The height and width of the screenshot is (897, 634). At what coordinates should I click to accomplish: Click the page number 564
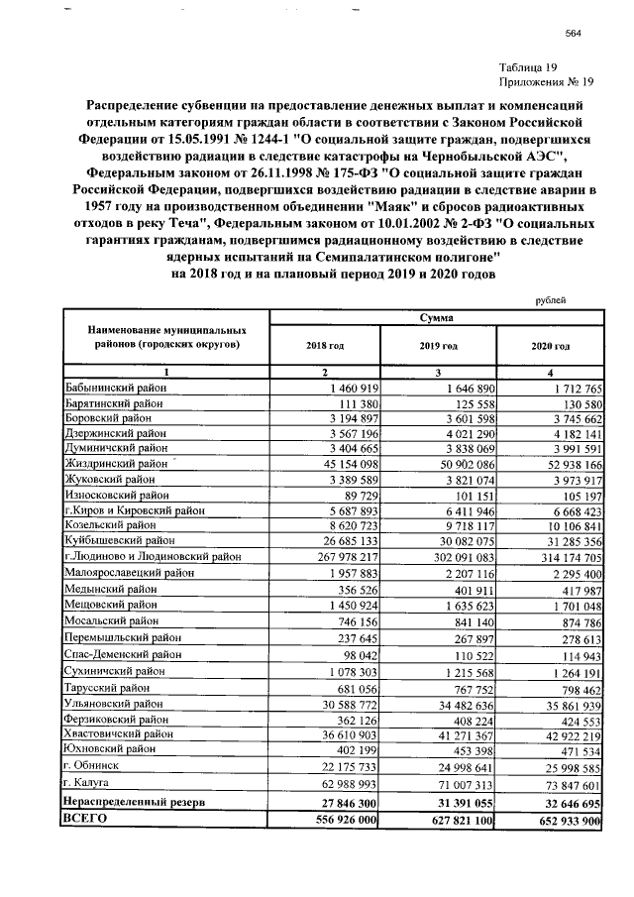tap(572, 34)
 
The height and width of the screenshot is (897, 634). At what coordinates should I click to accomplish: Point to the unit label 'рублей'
tap(551, 294)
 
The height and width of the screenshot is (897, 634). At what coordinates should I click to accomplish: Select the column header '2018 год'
tap(324, 345)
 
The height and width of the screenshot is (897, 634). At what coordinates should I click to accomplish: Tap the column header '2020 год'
tap(550, 345)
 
